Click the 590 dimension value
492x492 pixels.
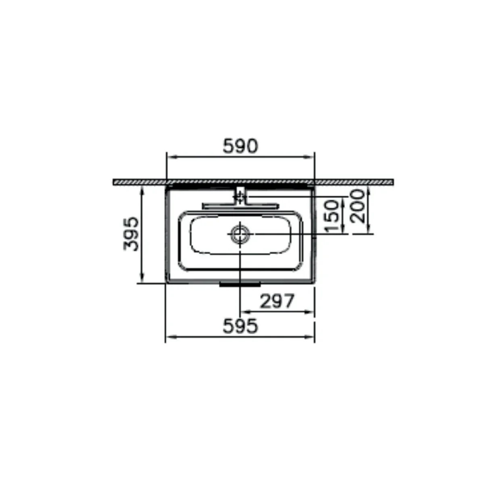(240, 146)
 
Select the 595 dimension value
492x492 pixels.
(240, 326)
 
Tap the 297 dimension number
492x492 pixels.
(277, 301)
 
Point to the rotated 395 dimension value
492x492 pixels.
(131, 234)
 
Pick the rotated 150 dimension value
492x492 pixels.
(332, 216)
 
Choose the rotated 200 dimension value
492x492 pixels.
(358, 206)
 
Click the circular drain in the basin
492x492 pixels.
(240, 234)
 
